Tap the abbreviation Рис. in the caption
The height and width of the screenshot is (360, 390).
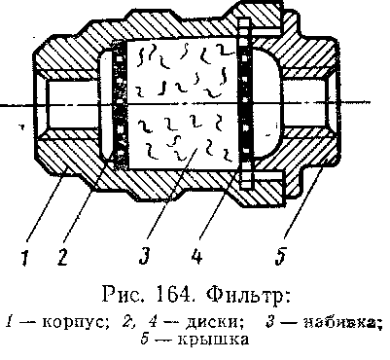125,296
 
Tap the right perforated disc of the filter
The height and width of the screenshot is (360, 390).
245,104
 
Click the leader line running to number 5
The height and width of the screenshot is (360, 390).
304,198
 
